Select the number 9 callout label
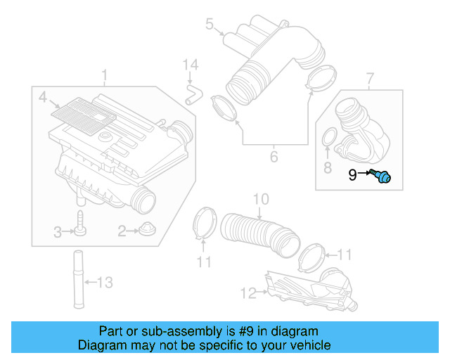(x=353, y=174)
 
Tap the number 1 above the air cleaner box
(x=104, y=75)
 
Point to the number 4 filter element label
(x=42, y=96)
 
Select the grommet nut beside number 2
(x=147, y=230)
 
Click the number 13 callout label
(x=103, y=283)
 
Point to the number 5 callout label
(x=209, y=25)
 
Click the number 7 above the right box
(x=370, y=76)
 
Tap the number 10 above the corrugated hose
(x=260, y=200)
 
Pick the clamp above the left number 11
(x=204, y=224)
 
